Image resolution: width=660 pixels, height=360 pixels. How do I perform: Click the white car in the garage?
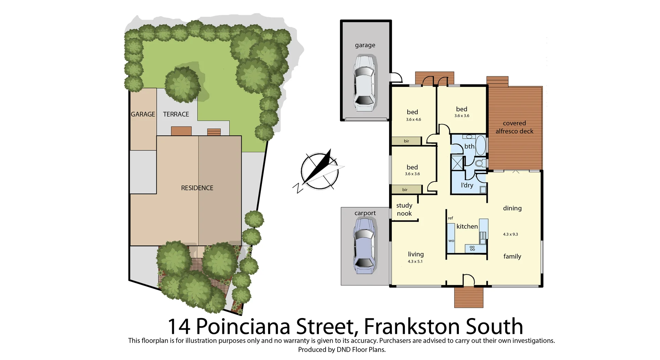pyautogui.click(x=364, y=84)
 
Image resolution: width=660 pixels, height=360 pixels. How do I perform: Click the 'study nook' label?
pyautogui.click(x=404, y=209)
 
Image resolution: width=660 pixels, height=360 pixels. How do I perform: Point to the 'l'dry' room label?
pyautogui.click(x=467, y=185)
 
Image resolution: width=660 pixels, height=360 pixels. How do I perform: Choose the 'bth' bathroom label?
pyautogui.click(x=469, y=146)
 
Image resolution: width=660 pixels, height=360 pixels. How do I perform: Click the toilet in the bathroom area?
pyautogui.click(x=480, y=163)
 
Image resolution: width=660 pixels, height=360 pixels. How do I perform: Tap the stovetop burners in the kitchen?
pyautogui.click(x=472, y=248)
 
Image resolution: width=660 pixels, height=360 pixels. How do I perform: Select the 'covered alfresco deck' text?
pyautogui.click(x=514, y=127)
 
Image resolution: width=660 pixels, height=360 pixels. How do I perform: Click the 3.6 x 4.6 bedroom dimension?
pyautogui.click(x=413, y=120)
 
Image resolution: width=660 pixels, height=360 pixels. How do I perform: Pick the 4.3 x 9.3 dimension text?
pyautogui.click(x=510, y=234)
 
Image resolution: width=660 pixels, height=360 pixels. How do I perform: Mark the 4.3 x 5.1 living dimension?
pyautogui.click(x=415, y=262)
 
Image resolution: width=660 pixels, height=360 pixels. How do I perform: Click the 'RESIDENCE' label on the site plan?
pyautogui.click(x=197, y=188)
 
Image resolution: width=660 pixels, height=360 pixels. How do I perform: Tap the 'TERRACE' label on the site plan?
pyautogui.click(x=176, y=114)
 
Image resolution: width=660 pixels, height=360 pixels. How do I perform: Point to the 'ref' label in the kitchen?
pyautogui.click(x=450, y=218)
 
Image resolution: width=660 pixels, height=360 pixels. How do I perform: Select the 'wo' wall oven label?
pyautogui.click(x=451, y=241)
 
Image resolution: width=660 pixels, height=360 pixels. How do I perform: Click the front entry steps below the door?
pyautogui.click(x=469, y=297)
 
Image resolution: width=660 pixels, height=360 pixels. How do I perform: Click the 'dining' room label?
pyautogui.click(x=512, y=208)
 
